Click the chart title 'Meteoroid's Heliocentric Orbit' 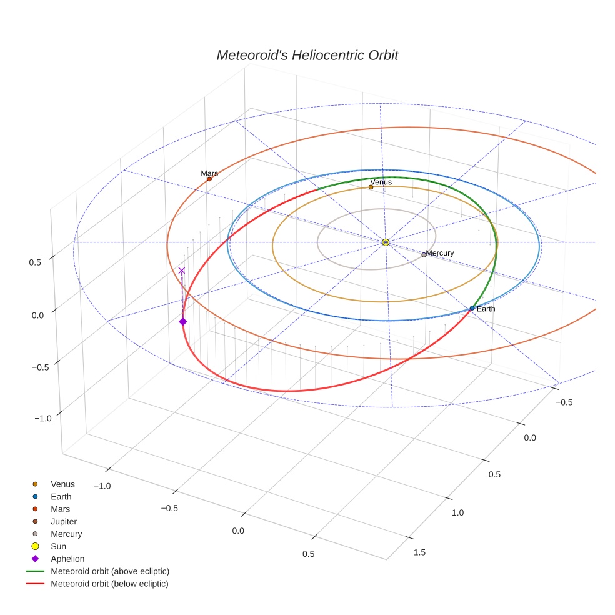(x=307, y=55)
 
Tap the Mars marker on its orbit (x=209, y=179)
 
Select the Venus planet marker (x=371, y=187)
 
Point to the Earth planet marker (x=472, y=308)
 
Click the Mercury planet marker (x=424, y=254)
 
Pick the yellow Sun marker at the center (x=386, y=242)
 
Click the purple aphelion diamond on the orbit (x=182, y=321)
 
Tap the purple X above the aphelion (x=182, y=271)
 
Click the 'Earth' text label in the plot (x=486, y=309)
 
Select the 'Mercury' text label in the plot (x=440, y=253)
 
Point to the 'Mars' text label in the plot (x=209, y=172)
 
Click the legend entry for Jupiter (x=64, y=521)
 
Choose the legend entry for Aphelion (x=67, y=559)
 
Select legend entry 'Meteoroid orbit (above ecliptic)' (x=110, y=571)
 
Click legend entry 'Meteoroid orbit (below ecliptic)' (x=109, y=584)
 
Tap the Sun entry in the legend (x=58, y=546)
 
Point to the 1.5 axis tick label (x=419, y=552)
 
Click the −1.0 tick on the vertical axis (x=42, y=418)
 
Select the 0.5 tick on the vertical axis (x=35, y=262)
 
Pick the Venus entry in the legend (x=62, y=484)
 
